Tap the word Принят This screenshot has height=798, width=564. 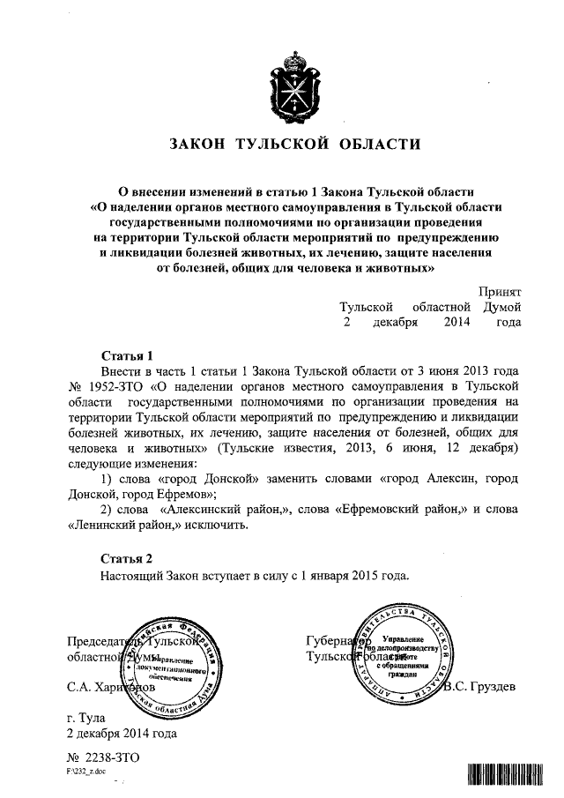tap(500, 290)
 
